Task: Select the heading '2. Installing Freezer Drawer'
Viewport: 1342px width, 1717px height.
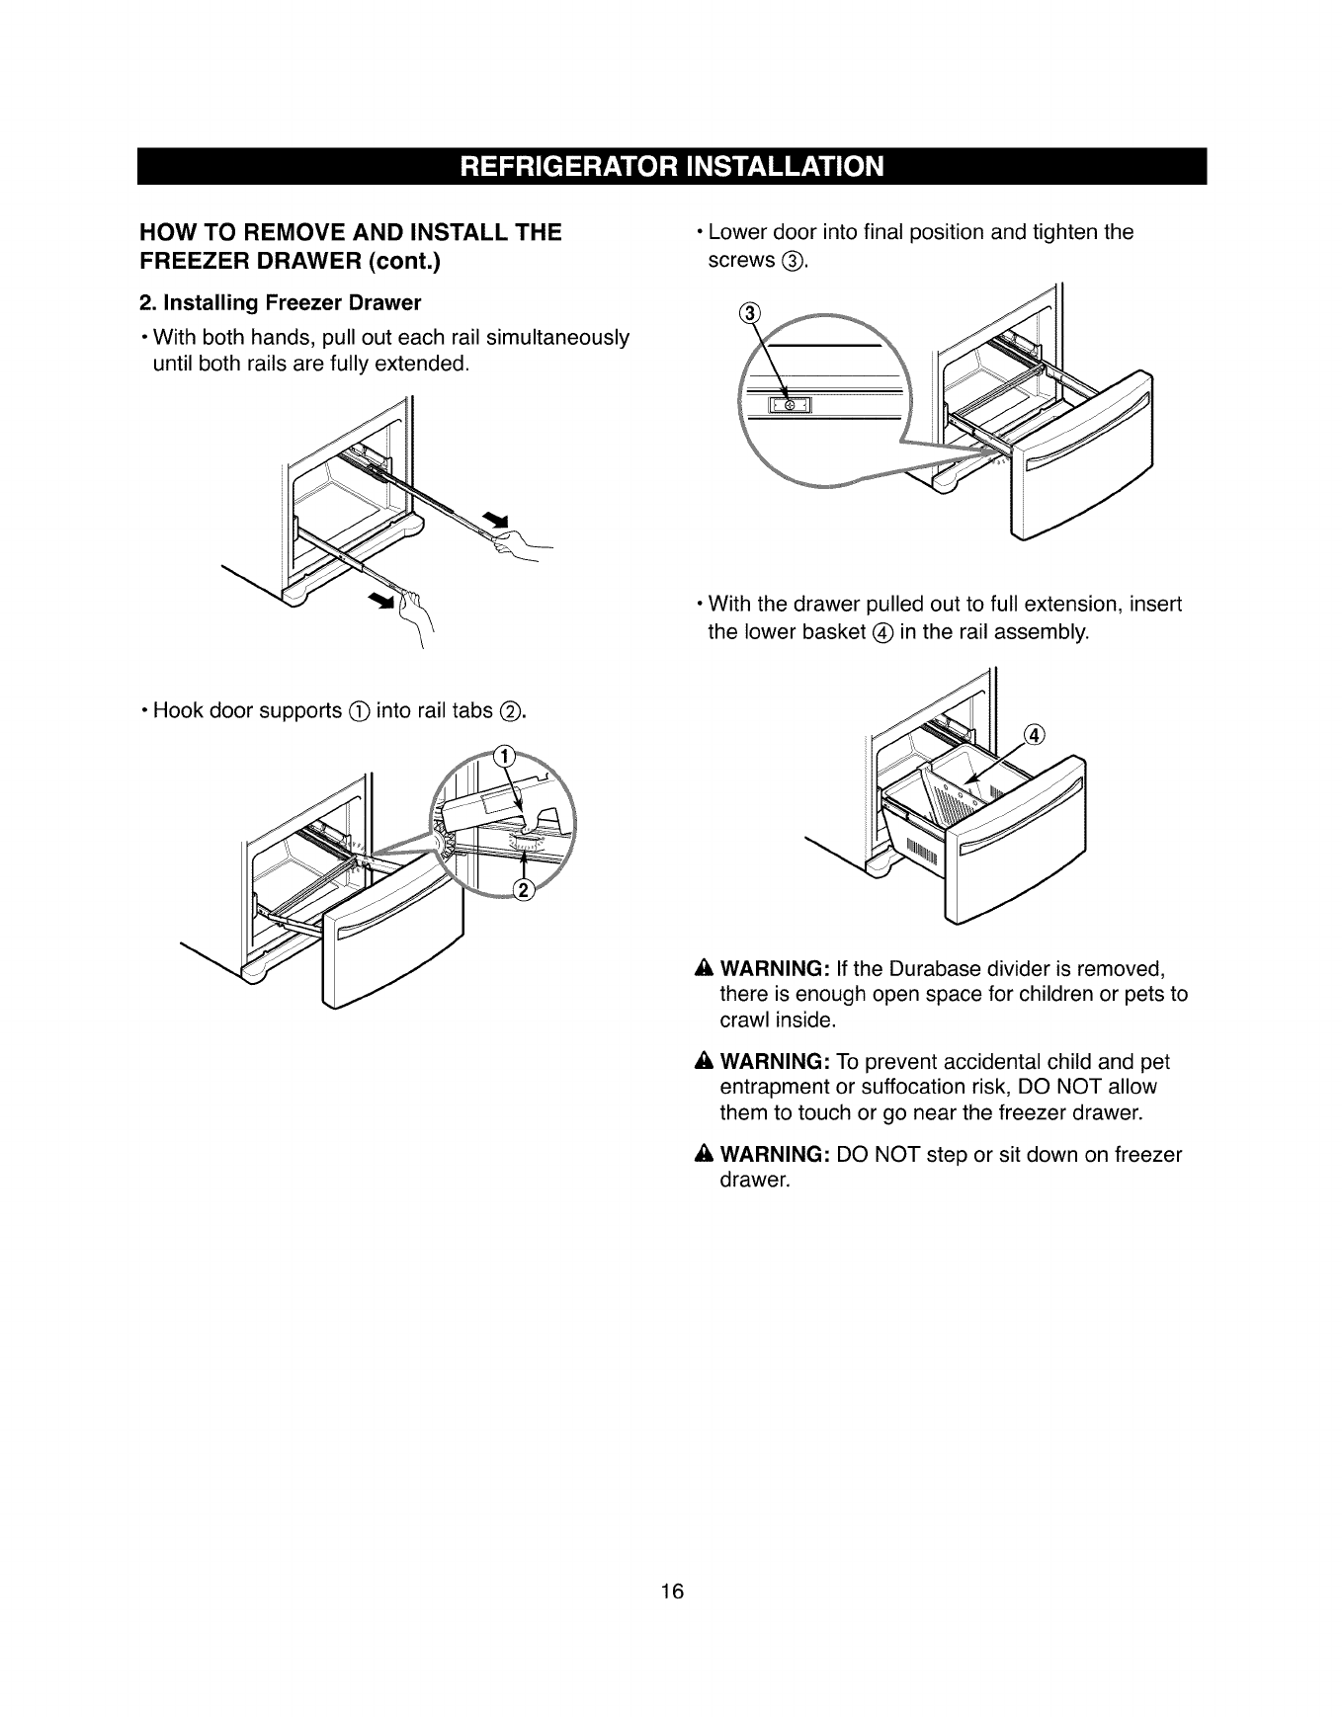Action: [x=279, y=301]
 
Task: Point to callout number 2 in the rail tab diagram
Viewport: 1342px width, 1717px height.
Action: [x=523, y=890]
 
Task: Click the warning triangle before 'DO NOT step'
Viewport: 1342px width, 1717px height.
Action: [x=704, y=1155]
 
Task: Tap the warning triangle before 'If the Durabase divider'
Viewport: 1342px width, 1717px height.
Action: [x=704, y=966]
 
